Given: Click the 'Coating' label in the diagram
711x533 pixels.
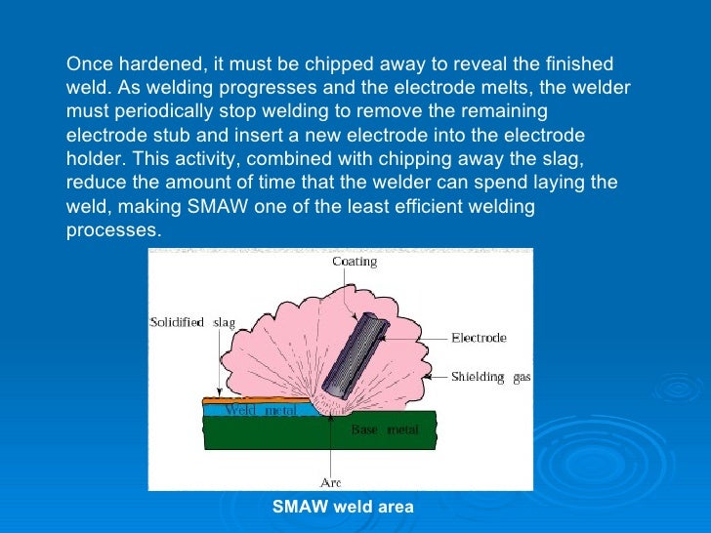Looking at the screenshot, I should point(353,262).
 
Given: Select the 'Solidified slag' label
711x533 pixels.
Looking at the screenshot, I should point(192,322).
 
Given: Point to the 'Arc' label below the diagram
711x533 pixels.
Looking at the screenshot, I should point(330,482).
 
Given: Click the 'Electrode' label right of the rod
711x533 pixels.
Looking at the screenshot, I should point(478,338).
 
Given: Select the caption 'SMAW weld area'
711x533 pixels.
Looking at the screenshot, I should point(343,507).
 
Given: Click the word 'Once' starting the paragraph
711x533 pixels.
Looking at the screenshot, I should point(87,64).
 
